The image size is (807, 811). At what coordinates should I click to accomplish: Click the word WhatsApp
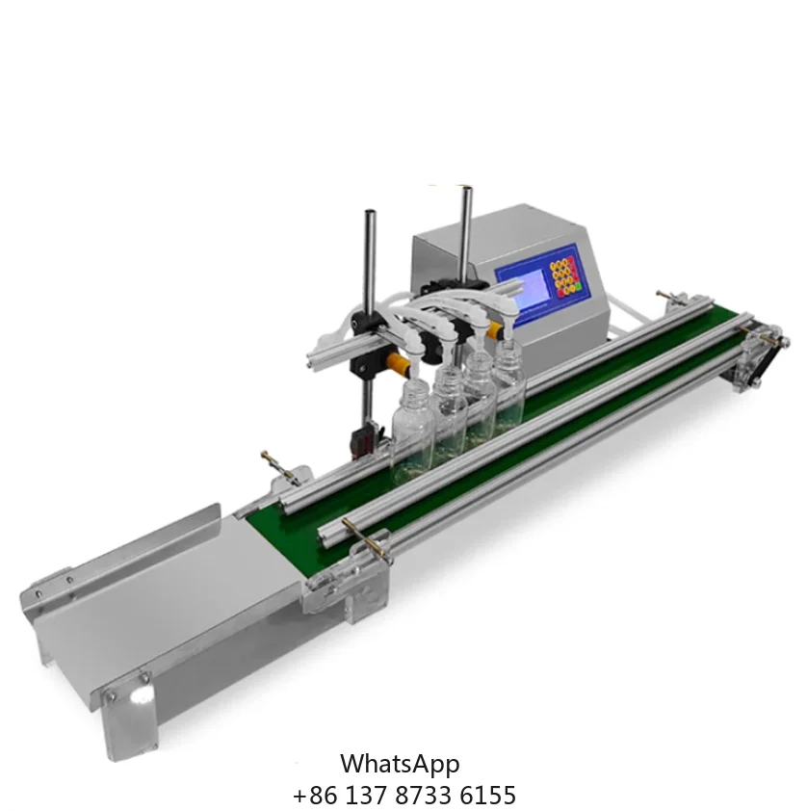pyautogui.click(x=400, y=764)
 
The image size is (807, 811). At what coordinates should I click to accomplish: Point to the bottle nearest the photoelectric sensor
pyautogui.click(x=411, y=428)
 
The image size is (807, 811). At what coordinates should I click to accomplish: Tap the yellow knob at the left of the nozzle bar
pyautogui.click(x=395, y=364)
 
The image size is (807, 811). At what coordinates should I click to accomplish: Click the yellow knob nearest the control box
pyautogui.click(x=495, y=330)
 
